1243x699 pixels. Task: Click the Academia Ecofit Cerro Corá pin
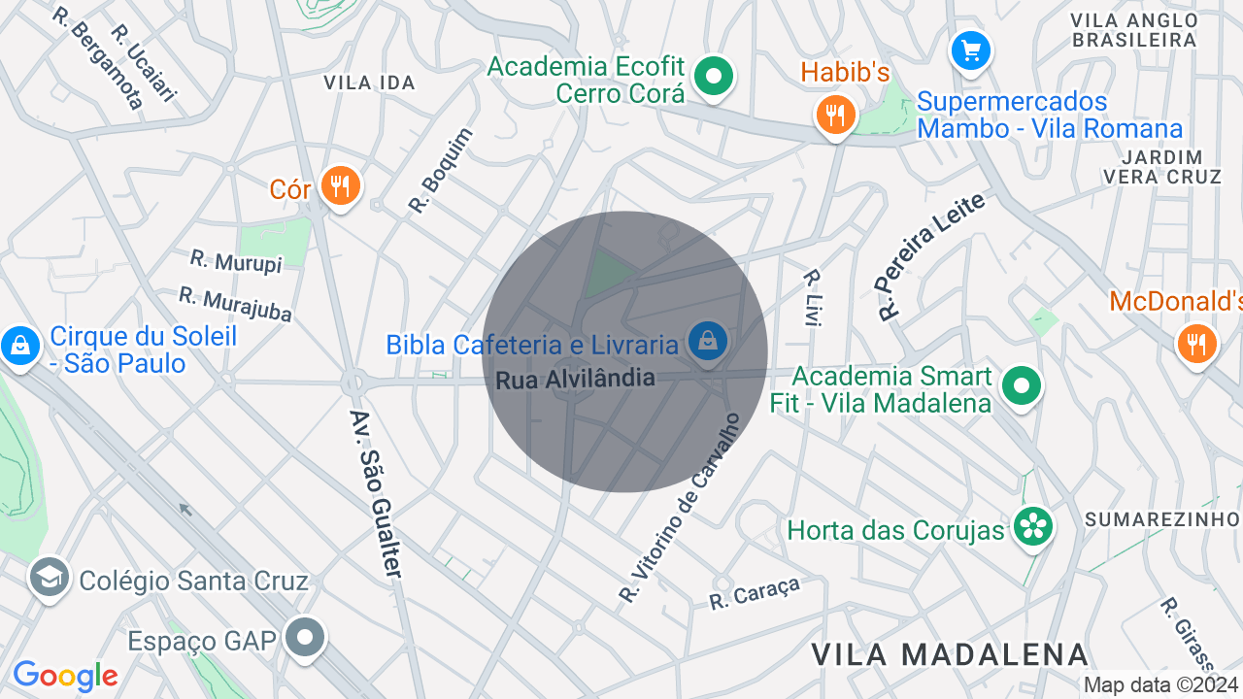[715, 77]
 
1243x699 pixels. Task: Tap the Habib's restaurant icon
[834, 116]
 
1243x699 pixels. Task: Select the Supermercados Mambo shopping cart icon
[970, 50]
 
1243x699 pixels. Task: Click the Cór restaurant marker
[339, 185]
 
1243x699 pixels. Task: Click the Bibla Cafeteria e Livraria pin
[708, 341]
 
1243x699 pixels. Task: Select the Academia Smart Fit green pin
[1021, 385]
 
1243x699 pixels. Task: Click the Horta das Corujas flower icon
[1032, 527]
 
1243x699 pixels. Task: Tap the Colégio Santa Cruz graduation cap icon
[49, 578]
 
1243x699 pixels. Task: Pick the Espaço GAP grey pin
[307, 638]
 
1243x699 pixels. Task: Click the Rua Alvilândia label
[575, 379]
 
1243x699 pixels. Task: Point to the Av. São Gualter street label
[376, 493]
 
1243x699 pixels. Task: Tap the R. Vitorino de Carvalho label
[680, 508]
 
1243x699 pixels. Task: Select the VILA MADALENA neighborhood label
[950, 654]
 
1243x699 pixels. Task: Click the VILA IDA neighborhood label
[370, 83]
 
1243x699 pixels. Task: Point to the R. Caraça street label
[755, 593]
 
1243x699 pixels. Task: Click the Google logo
[65, 676]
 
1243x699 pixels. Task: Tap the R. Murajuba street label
[235, 304]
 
